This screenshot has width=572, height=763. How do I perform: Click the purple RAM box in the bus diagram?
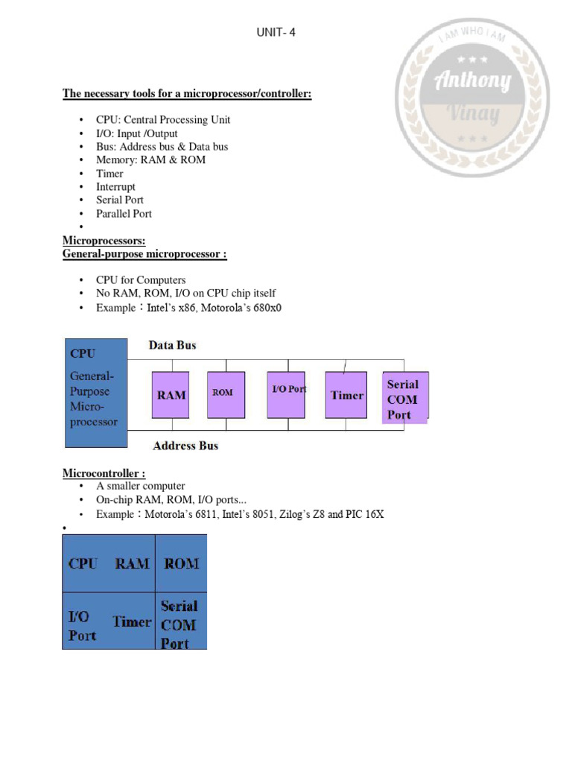tap(171, 395)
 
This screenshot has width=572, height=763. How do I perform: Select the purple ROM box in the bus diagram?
tap(223, 393)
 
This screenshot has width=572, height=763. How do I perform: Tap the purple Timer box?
tap(346, 395)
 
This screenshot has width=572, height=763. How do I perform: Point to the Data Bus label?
tap(173, 345)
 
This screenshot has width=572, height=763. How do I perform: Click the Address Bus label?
tap(185, 446)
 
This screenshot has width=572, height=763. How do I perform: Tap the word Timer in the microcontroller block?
tap(132, 621)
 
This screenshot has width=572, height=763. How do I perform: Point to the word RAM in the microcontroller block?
tap(133, 564)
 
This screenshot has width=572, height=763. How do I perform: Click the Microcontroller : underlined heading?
tap(104, 473)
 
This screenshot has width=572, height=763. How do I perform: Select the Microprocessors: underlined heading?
tap(104, 241)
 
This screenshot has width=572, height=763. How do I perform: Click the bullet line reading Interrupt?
tap(115, 187)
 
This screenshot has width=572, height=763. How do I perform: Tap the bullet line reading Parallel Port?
tap(124, 214)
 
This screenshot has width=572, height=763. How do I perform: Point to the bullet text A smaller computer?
tap(140, 486)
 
